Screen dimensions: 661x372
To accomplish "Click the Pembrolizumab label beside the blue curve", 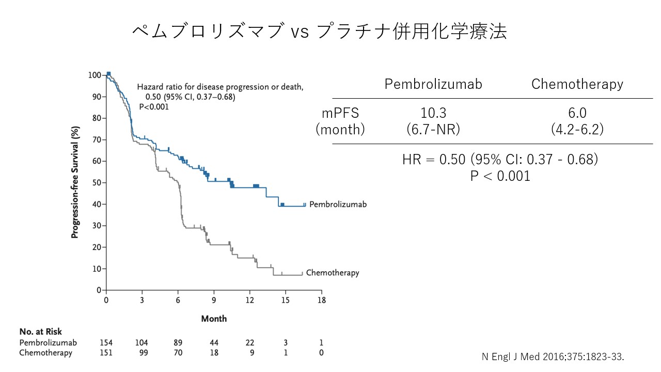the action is click(x=338, y=204).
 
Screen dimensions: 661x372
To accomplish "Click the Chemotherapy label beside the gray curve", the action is click(x=333, y=273).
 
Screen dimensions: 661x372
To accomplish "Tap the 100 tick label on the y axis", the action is click(x=95, y=75).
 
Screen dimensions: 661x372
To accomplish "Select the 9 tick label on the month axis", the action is click(x=214, y=300).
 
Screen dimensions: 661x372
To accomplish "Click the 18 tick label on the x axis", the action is click(x=321, y=300).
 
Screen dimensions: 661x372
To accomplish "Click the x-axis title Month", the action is click(x=214, y=319).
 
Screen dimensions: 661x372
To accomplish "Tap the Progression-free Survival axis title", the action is click(x=75, y=182).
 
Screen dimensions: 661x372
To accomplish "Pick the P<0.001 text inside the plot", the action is click(x=154, y=107).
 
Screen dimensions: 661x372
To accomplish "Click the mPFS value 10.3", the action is click(x=433, y=113).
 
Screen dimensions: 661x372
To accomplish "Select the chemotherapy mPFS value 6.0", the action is click(x=577, y=113).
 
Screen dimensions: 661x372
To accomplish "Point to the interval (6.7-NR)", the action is click(x=433, y=129).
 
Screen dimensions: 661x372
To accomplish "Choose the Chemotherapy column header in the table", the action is click(x=577, y=84).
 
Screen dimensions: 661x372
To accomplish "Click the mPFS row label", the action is click(x=340, y=113).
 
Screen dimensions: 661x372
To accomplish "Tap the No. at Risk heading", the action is click(x=41, y=332).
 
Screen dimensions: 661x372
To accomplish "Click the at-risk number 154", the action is click(x=106, y=343).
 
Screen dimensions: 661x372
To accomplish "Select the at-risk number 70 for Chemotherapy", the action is click(x=178, y=353).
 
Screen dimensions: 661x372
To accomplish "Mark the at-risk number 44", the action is click(x=214, y=343).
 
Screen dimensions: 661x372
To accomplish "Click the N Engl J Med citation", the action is click(x=553, y=357).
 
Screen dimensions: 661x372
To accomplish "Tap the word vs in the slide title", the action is click(x=300, y=32).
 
